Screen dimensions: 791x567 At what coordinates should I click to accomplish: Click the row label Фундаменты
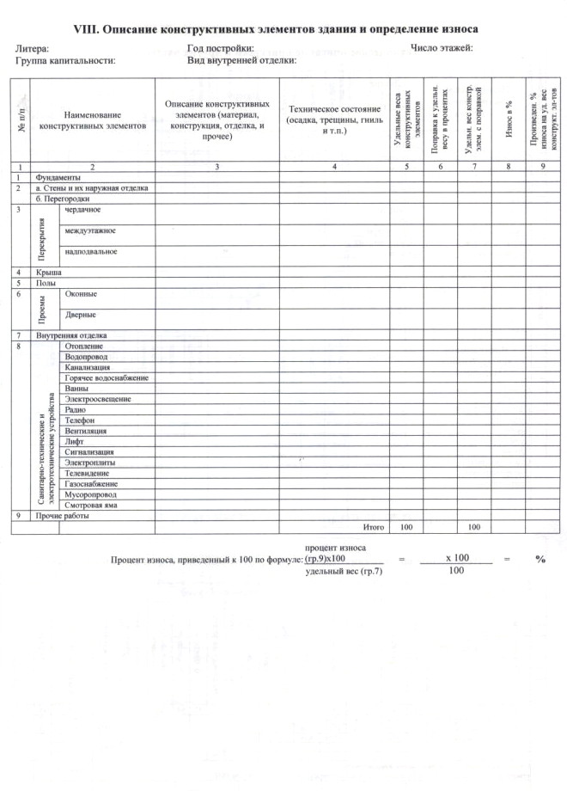[x=57, y=176]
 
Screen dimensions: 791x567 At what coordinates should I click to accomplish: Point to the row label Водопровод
[x=86, y=356]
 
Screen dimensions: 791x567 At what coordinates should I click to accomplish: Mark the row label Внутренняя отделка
[x=70, y=334]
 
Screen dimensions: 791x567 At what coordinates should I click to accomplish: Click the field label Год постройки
[x=220, y=49]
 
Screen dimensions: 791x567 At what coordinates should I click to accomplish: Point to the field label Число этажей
[x=442, y=48]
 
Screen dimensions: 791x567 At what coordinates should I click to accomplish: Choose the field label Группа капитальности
[x=65, y=61]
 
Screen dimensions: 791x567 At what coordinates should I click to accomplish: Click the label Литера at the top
[x=33, y=49]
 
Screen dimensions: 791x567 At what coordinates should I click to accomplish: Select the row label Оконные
[x=81, y=294]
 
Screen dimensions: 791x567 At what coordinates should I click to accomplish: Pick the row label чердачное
[x=82, y=209]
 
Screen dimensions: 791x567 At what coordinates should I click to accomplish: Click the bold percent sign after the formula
[x=540, y=559]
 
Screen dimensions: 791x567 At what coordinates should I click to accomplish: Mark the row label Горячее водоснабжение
[x=107, y=377]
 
